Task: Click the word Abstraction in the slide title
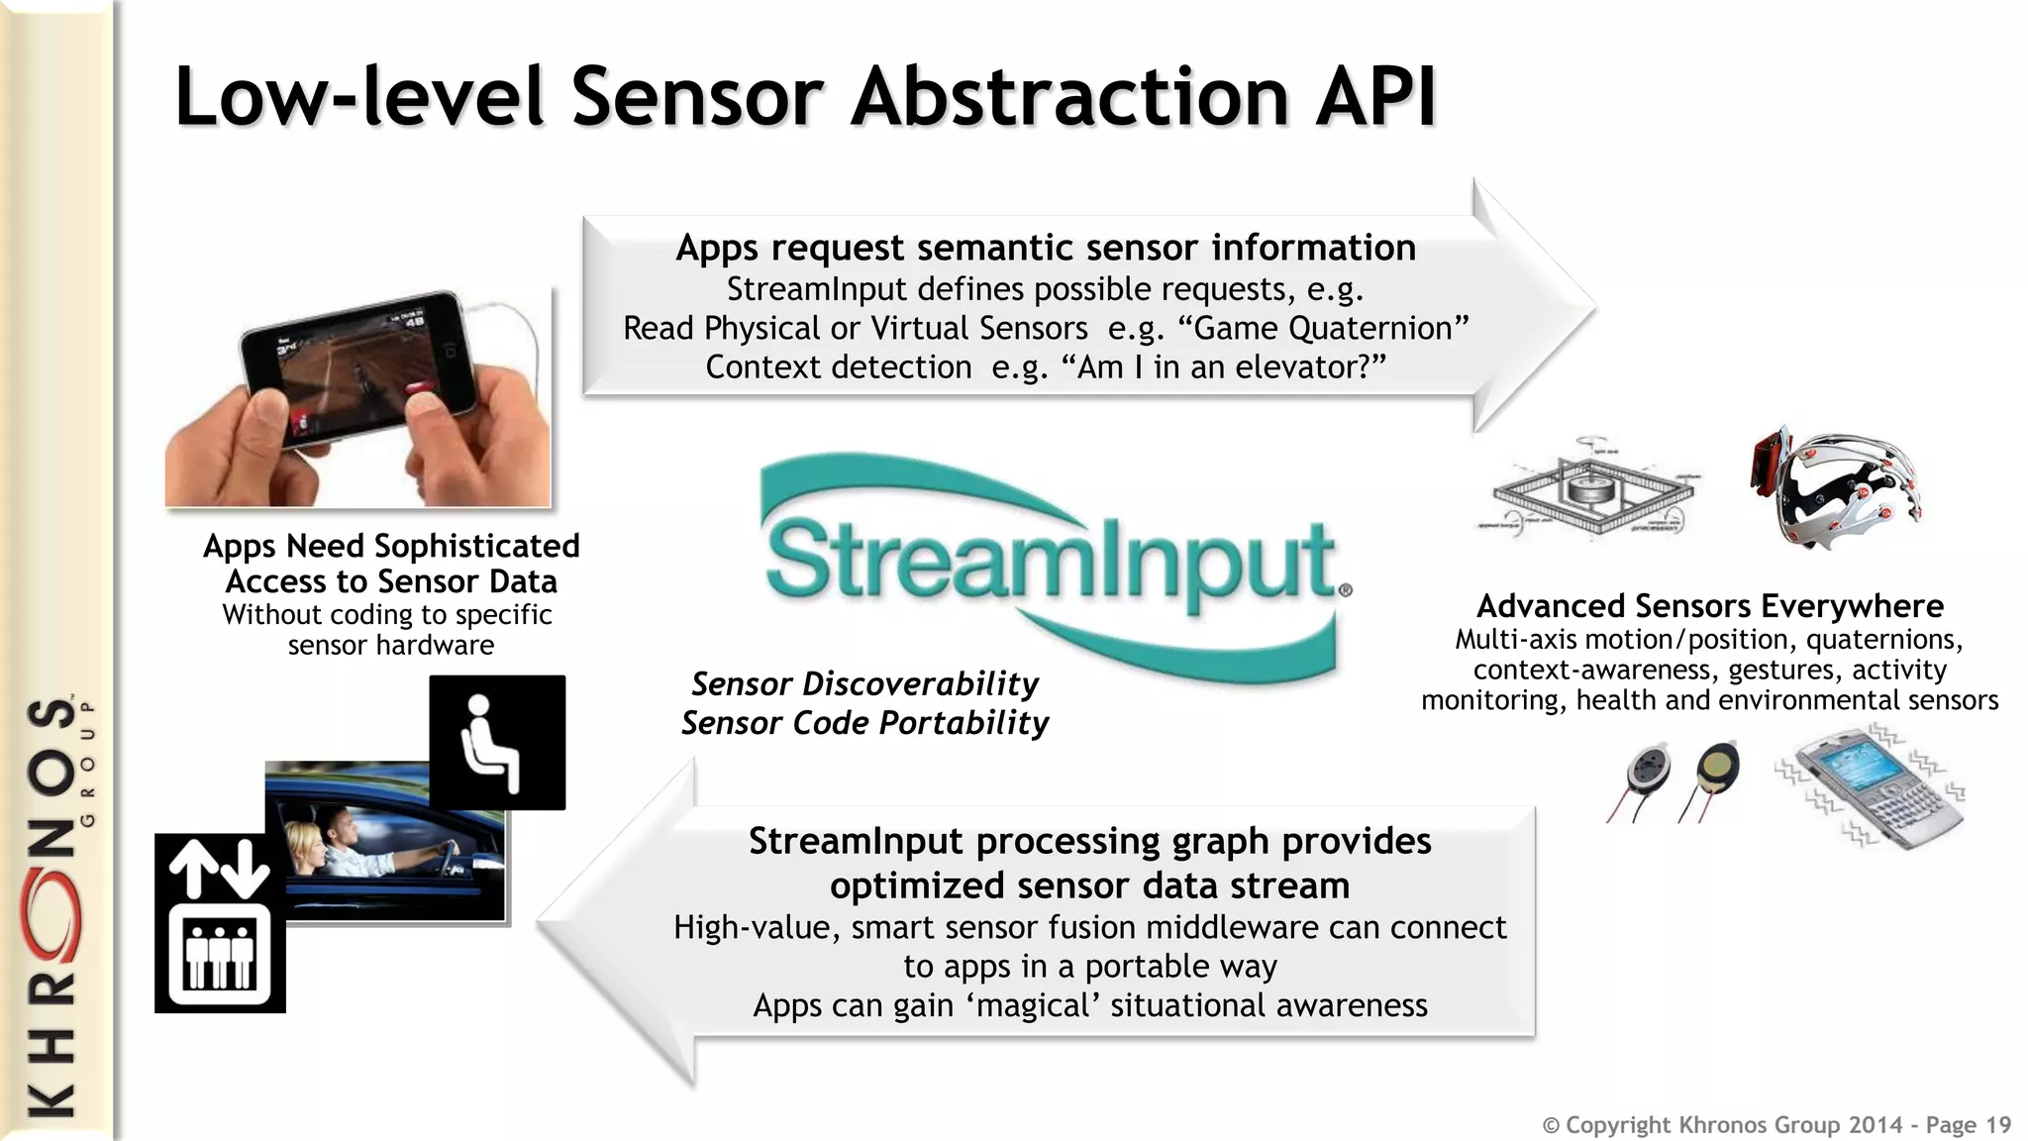[1073, 97]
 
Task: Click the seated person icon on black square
[497, 743]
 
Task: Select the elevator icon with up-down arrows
[220, 923]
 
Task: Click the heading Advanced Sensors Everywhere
[1709, 605]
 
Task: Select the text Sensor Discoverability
[863, 683]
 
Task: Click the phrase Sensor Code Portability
[863, 723]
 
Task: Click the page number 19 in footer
[1997, 1125]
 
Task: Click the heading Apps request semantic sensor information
[1045, 248]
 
